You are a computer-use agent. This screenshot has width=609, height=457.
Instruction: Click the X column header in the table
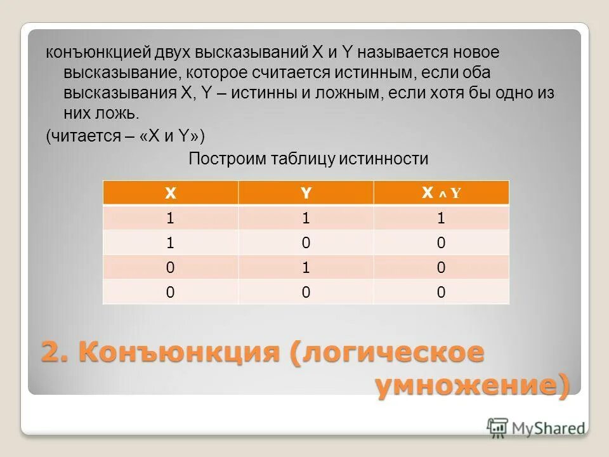[170, 193]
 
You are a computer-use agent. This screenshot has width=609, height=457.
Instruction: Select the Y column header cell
[306, 193]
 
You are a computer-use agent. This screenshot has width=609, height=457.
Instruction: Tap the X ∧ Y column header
[441, 193]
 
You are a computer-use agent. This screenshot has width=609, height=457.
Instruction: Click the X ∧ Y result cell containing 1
[441, 218]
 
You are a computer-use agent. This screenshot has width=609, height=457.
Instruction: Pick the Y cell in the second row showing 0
[306, 242]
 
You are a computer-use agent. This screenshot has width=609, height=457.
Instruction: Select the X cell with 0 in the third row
[170, 267]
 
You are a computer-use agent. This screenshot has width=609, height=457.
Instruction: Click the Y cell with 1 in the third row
[306, 267]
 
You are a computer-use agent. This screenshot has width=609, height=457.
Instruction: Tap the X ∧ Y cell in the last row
[441, 292]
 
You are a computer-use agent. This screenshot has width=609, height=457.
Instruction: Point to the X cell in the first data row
[170, 218]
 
